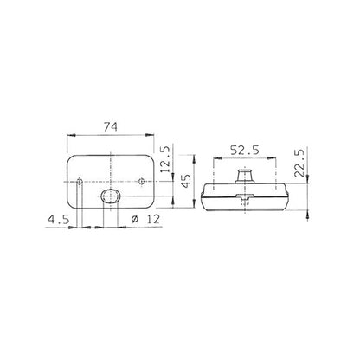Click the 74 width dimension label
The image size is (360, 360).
[111, 126]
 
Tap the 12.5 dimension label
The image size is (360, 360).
[165, 159]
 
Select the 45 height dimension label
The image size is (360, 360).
[187, 181]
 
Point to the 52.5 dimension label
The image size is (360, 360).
[245, 150]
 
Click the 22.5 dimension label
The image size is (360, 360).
[299, 163]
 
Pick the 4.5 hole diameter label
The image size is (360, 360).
[59, 220]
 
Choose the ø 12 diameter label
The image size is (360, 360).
[145, 219]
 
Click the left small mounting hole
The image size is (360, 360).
[80, 182]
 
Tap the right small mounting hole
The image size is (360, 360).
[141, 182]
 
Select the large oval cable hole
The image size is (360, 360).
[110, 196]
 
